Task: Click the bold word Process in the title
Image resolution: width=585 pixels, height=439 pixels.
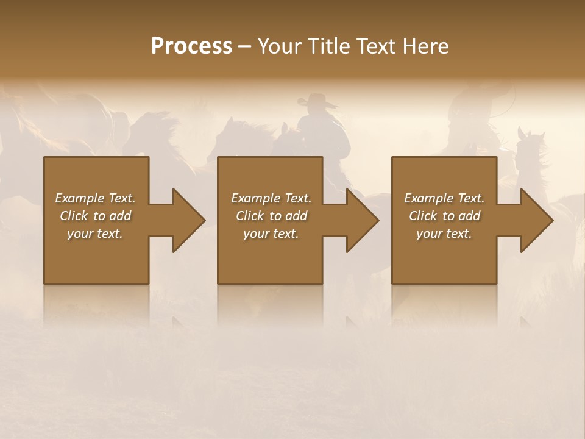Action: pyautogui.click(x=191, y=46)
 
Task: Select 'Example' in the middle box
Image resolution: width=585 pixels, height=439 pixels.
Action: pyautogui.click(x=255, y=198)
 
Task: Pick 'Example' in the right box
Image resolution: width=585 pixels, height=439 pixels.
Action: pyautogui.click(x=428, y=198)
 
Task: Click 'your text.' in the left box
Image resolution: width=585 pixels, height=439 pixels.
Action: pyautogui.click(x=95, y=234)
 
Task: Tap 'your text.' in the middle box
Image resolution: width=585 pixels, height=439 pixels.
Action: pyautogui.click(x=271, y=234)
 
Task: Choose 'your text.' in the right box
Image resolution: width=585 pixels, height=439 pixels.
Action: pyautogui.click(x=444, y=234)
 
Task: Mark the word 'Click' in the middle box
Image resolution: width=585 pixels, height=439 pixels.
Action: pyautogui.click(x=250, y=216)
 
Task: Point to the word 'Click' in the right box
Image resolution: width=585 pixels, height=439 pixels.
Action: pyautogui.click(x=423, y=216)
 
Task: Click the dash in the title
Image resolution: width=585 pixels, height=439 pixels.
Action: pyautogui.click(x=245, y=46)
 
